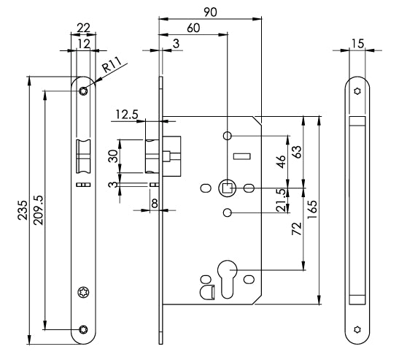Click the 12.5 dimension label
[126, 114]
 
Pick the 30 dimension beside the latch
[112, 156]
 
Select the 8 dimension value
[155, 202]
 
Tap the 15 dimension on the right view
[357, 45]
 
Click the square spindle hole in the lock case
[228, 188]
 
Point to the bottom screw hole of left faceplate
[84, 329]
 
